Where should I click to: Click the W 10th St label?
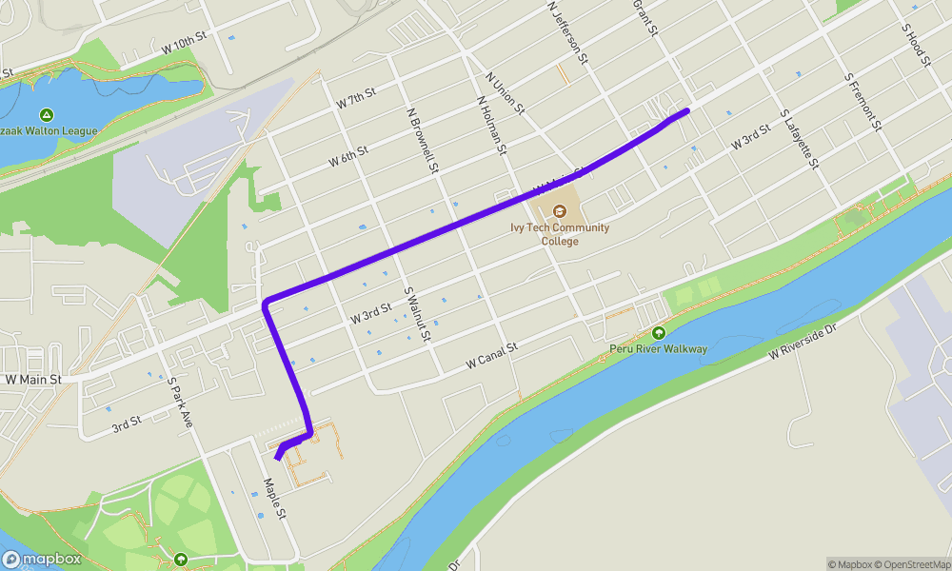click(x=184, y=41)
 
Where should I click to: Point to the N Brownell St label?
click(x=422, y=139)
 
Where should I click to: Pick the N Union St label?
click(x=505, y=93)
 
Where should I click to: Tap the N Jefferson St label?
click(x=568, y=33)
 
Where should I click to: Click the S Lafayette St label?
click(x=799, y=139)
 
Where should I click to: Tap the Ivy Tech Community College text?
click(x=560, y=234)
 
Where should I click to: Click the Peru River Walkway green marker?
click(x=658, y=333)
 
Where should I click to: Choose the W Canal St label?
click(x=491, y=357)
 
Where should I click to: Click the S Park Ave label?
click(x=180, y=403)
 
